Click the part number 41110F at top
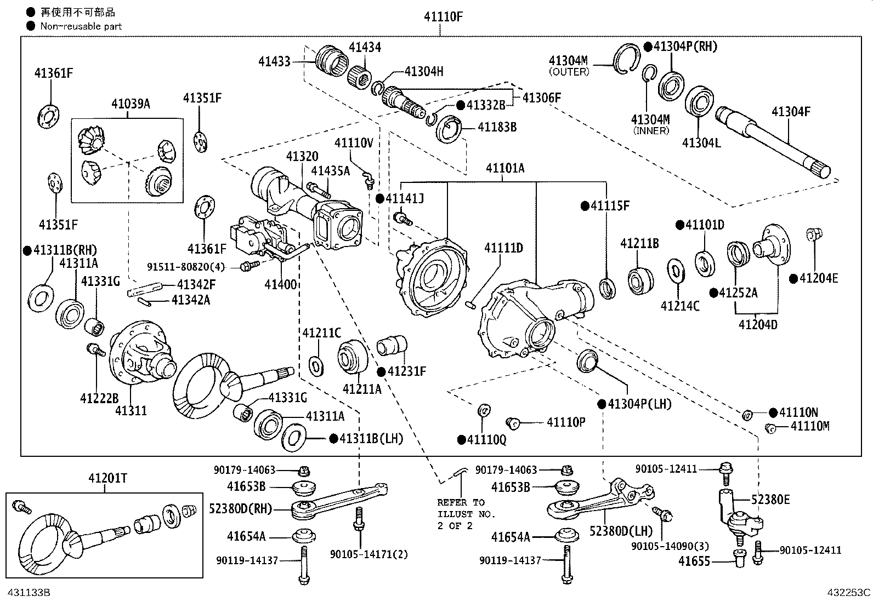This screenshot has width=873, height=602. pyautogui.click(x=443, y=17)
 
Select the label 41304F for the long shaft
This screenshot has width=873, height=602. pyautogui.click(x=791, y=112)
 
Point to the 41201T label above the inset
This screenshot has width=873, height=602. pyautogui.click(x=107, y=478)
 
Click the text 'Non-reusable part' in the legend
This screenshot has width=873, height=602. pyautogui.click(x=81, y=26)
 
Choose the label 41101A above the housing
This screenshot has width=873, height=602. pyautogui.click(x=504, y=168)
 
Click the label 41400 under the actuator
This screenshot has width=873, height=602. pyautogui.click(x=280, y=284)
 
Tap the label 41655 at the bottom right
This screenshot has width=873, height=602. pyautogui.click(x=694, y=561)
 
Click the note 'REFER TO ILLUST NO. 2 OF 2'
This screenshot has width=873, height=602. pyautogui.click(x=466, y=513)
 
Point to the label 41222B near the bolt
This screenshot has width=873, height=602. pyautogui.click(x=99, y=398)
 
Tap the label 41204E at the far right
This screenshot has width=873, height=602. pyautogui.click(x=818, y=278)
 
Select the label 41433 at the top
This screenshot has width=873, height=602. pyautogui.click(x=274, y=61)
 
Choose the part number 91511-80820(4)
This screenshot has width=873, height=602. pyautogui.click(x=186, y=267)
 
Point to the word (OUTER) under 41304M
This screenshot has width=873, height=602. pyautogui.click(x=569, y=71)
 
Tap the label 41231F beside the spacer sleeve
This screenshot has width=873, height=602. pyautogui.click(x=406, y=371)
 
